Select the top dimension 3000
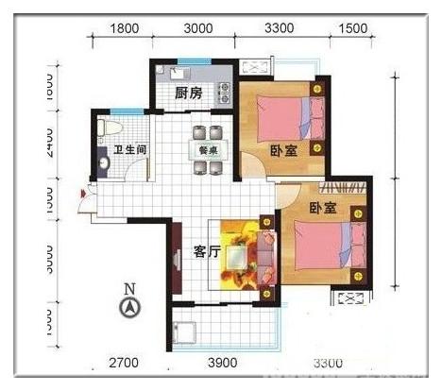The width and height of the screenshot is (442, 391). point(197,28)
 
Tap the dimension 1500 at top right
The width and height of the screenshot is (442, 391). point(351,28)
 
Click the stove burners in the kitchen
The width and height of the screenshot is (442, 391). point(225,93)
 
